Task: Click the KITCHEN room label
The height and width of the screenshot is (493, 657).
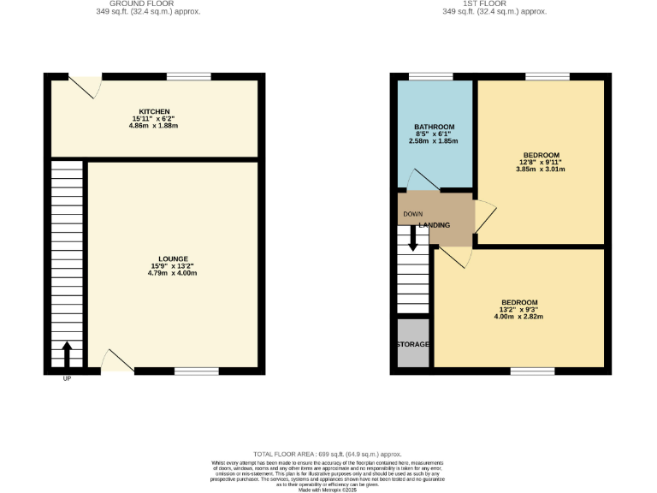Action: click(x=155, y=111)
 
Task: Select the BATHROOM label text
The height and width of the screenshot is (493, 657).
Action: click(x=435, y=127)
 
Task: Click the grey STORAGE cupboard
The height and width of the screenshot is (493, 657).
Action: click(x=412, y=344)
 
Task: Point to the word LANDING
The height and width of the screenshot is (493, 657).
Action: click(x=435, y=225)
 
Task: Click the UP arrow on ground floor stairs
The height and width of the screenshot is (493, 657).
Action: click(x=67, y=353)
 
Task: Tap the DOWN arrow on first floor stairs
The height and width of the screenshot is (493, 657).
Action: click(x=413, y=237)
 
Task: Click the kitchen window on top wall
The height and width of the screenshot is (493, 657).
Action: click(x=189, y=76)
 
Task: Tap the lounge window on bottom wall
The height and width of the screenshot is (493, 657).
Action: click(x=197, y=371)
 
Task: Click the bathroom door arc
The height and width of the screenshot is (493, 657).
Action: click(x=422, y=180)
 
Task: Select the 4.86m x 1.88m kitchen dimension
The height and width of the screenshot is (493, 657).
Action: click(x=155, y=126)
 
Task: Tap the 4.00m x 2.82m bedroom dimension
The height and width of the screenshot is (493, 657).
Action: click(x=519, y=317)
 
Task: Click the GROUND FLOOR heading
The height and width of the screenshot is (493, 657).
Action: click(x=131, y=3)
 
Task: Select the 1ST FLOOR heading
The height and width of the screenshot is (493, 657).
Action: click(x=494, y=3)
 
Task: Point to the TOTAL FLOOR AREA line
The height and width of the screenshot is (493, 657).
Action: click(x=328, y=454)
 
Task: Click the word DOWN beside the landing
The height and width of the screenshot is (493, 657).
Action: click(x=412, y=214)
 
